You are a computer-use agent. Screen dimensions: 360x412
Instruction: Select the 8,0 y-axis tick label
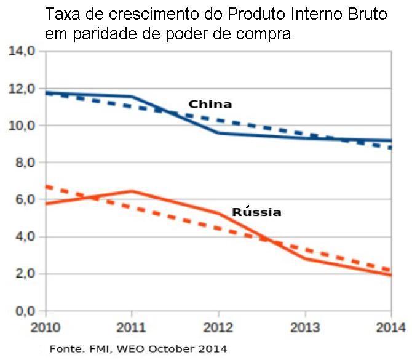pyautogui.click(x=23, y=162)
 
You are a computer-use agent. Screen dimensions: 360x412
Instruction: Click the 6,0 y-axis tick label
pyautogui.click(x=23, y=199)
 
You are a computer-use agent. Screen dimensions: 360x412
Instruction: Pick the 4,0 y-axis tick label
pyautogui.click(x=23, y=237)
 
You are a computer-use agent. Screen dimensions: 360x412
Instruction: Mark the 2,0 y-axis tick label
pyautogui.click(x=23, y=274)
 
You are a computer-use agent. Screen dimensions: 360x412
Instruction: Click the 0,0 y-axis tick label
pyautogui.click(x=23, y=311)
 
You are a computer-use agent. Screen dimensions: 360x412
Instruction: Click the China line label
pyautogui.click(x=210, y=104)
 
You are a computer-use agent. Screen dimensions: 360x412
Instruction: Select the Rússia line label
pyautogui.click(x=256, y=212)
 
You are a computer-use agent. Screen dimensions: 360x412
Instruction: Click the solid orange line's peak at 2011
pyautogui.click(x=132, y=191)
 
